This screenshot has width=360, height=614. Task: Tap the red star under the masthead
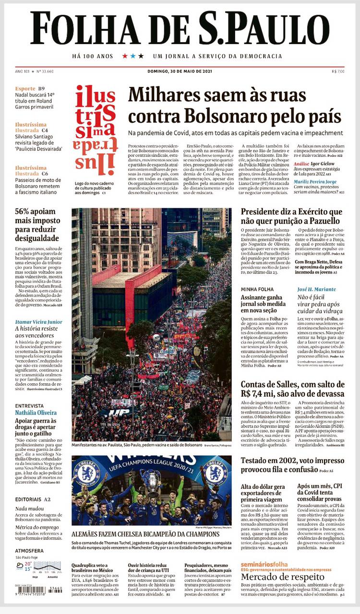[125, 56]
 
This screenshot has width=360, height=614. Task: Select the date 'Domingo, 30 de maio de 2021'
[180, 71]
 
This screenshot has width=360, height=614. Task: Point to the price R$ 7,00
[338, 71]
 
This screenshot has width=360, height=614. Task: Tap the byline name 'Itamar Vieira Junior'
[38, 322]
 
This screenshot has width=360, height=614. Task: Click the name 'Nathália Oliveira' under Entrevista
[36, 413]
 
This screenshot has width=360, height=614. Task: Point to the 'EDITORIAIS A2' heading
[33, 499]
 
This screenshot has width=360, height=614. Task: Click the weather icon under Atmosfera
[20, 566]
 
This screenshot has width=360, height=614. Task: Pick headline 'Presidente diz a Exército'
[291, 216]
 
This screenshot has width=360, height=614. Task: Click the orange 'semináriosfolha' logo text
[264, 565]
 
